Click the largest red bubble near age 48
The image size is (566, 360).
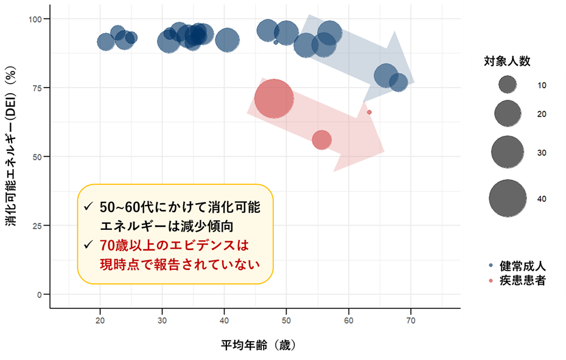(274, 99)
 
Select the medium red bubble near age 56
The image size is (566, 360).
(321, 140)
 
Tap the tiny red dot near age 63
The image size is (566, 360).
(369, 112)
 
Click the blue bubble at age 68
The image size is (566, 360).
(398, 82)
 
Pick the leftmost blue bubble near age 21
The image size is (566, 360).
(106, 41)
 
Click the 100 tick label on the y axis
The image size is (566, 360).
(37, 19)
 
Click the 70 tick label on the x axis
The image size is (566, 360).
(411, 319)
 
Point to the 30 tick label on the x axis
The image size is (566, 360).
(162, 319)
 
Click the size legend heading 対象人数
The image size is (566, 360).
(507, 61)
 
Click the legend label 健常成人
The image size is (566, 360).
(522, 266)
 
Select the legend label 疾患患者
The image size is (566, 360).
(522, 280)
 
